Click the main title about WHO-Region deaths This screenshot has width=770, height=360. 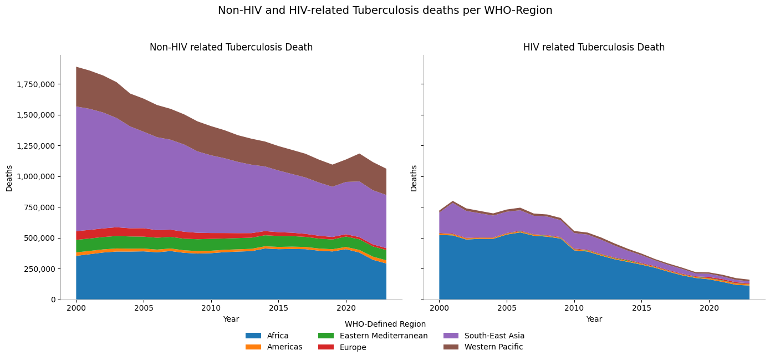385,11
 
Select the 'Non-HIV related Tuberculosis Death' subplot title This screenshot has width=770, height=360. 231,48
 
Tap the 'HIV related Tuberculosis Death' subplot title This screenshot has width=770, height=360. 594,48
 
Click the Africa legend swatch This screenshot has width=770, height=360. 253,336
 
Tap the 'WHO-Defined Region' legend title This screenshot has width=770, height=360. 385,324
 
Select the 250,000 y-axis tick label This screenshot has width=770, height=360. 39,269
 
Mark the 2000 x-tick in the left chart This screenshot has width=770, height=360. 76,307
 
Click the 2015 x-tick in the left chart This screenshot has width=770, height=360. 278,307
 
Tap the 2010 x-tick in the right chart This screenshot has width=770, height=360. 574,307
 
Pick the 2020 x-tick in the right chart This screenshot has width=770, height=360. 709,307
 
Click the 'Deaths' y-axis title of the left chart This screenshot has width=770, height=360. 9,178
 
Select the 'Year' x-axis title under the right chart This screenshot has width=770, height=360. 594,320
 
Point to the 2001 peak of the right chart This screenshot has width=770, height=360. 453,201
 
